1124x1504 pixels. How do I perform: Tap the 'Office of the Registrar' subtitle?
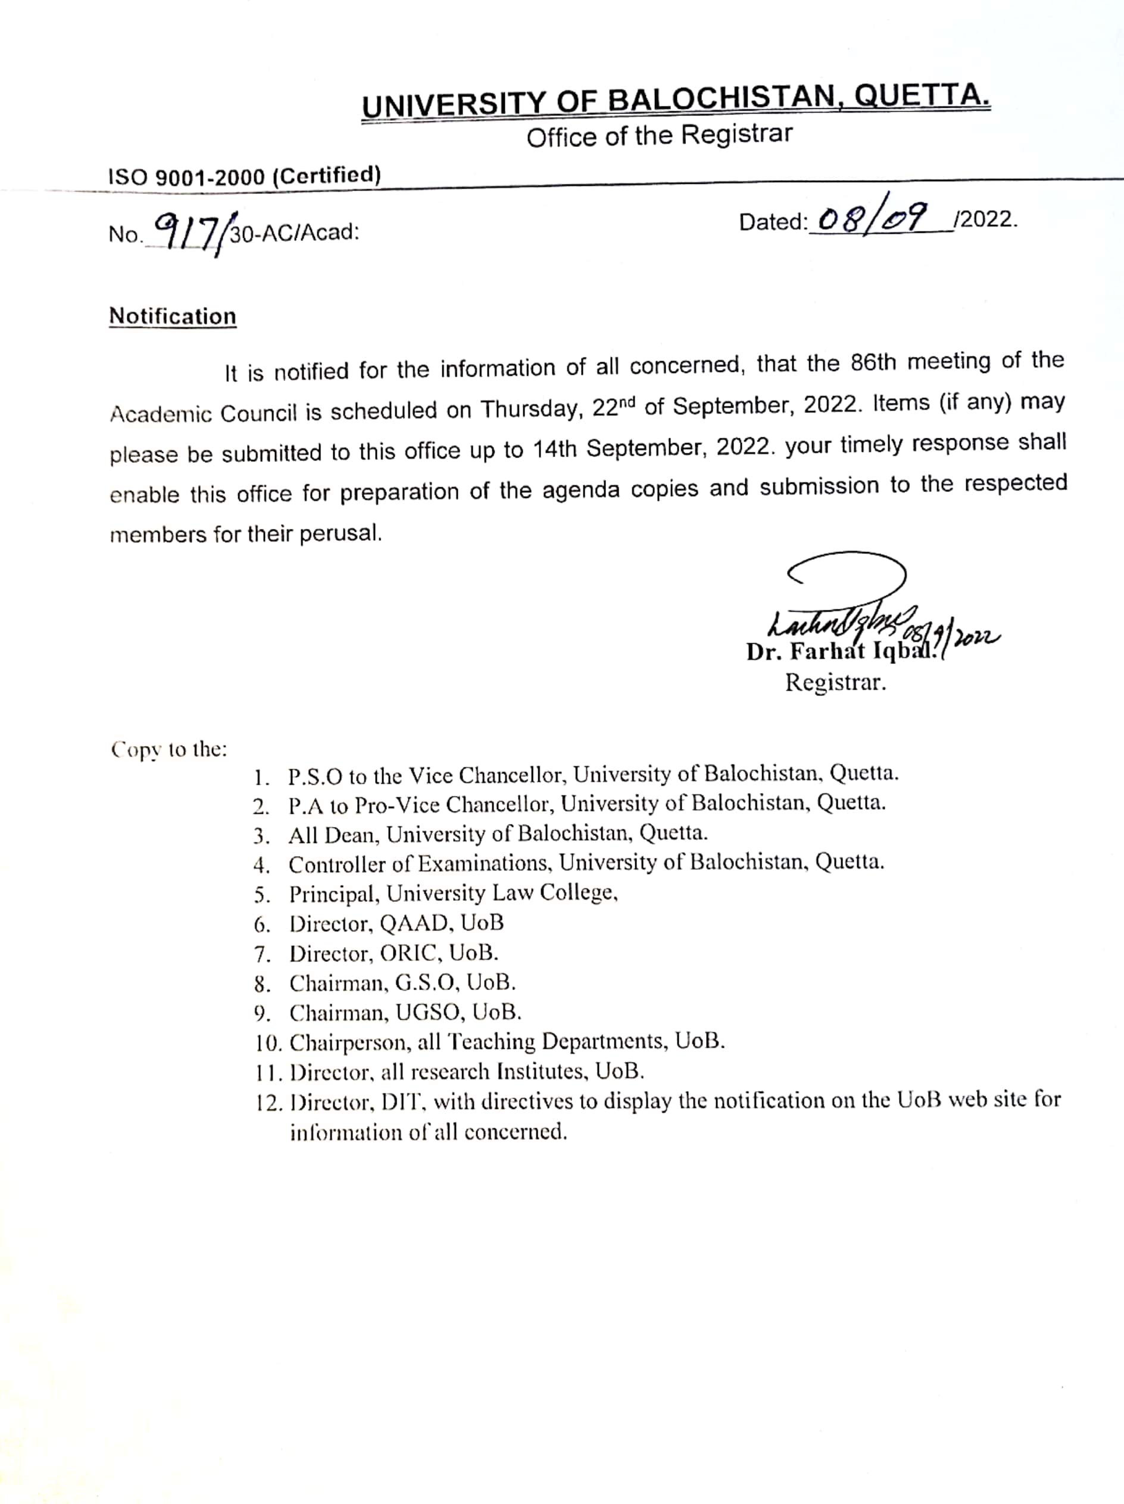point(658,135)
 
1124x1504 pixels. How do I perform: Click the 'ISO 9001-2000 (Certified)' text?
point(244,176)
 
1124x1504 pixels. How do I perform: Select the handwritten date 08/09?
point(872,218)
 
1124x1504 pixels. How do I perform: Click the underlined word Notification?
point(173,317)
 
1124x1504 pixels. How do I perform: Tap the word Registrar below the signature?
point(835,682)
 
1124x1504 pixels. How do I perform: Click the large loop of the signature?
point(848,575)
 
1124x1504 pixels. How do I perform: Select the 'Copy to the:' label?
point(168,750)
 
